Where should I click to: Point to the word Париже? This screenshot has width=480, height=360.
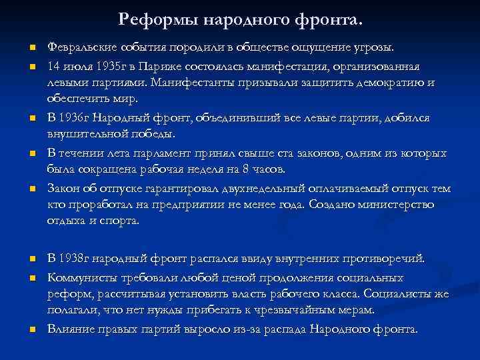tap(157, 67)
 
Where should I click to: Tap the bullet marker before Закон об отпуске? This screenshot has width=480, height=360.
tap(31, 189)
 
